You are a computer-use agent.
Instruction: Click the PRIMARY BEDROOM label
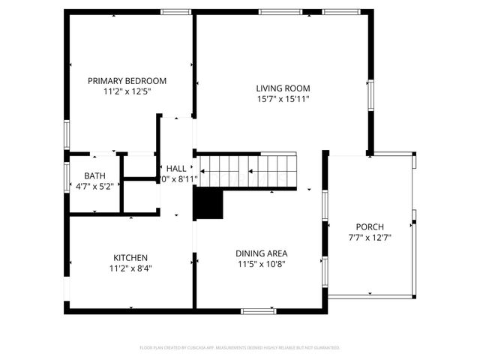(x=127, y=81)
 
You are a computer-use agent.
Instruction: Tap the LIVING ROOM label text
(x=283, y=88)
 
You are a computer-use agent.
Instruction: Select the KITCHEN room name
(x=130, y=256)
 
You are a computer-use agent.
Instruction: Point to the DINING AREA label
(x=262, y=253)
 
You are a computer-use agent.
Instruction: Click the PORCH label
(x=370, y=226)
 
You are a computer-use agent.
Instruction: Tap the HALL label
(x=176, y=169)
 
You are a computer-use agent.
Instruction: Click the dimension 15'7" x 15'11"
(x=283, y=98)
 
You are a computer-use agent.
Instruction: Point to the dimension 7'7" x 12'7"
(x=370, y=237)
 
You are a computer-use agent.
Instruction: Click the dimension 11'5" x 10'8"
(x=262, y=263)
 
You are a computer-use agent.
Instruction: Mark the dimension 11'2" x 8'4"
(x=130, y=267)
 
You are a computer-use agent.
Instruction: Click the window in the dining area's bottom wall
(x=259, y=310)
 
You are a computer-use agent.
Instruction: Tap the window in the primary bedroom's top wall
(x=175, y=11)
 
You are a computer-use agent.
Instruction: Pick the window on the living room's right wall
(x=370, y=95)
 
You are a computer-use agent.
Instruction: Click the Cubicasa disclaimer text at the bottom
(x=240, y=347)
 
